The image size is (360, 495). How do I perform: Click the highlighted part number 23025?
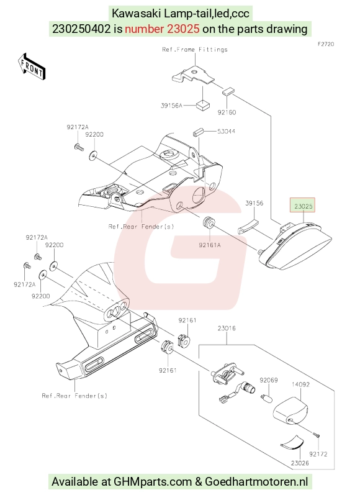(303, 206)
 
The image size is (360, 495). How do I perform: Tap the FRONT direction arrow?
(32, 67)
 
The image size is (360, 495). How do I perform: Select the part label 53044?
(226, 131)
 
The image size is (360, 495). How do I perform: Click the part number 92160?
(227, 112)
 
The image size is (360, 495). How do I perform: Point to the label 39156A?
(172, 106)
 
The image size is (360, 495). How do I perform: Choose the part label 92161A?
(210, 245)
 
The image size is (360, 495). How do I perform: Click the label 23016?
(227, 329)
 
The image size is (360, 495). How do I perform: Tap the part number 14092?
(300, 384)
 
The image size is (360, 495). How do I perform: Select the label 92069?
(269, 380)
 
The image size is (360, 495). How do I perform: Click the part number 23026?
(300, 463)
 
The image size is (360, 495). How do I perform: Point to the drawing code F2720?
(326, 44)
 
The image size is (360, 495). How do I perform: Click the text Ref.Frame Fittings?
(195, 50)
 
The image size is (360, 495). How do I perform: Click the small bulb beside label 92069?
(267, 398)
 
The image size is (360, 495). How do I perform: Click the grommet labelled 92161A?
(208, 222)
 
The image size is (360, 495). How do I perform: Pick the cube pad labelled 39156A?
(202, 106)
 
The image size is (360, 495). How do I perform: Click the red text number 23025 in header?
(183, 29)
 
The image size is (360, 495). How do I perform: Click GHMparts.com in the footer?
(153, 482)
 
